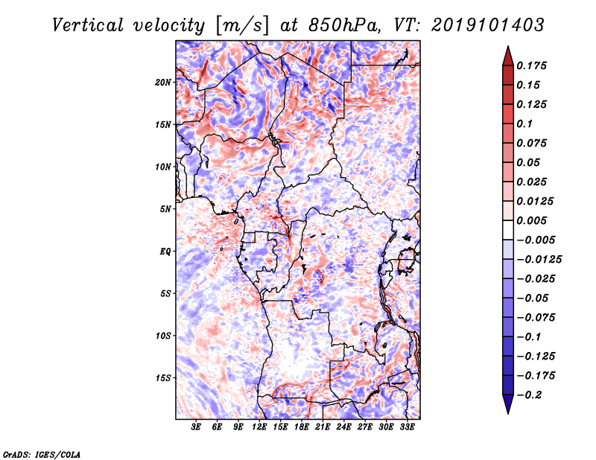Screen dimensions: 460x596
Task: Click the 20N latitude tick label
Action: [164, 82]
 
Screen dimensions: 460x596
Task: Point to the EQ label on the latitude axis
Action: [165, 252]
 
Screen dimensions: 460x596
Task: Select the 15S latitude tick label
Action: [164, 378]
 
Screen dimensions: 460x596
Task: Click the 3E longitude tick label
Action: [197, 427]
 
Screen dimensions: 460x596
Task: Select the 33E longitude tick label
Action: [408, 427]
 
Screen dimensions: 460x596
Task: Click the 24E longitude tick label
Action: [344, 427]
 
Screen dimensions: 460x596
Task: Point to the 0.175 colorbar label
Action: [533, 66]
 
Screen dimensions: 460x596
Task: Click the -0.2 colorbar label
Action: [532, 394]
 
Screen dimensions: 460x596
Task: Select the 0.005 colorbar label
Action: [533, 220]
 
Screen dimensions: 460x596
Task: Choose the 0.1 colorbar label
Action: [527, 124]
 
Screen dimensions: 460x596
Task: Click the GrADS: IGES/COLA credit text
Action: [42, 454]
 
